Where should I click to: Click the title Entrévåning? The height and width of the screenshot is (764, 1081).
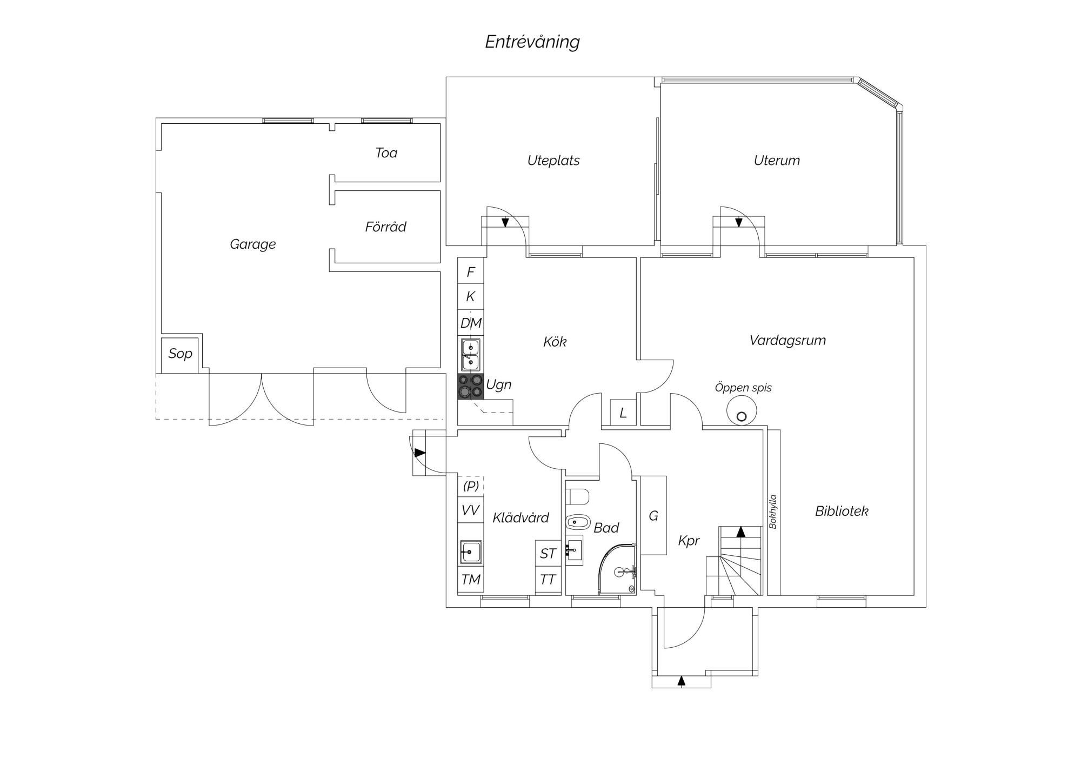[x=532, y=42]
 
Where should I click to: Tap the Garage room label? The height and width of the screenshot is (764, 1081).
[x=253, y=244]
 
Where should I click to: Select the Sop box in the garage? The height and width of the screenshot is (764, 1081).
[x=180, y=355]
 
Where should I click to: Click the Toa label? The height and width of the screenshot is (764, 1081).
[x=386, y=153]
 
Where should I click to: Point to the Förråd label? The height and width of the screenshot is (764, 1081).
[x=385, y=227]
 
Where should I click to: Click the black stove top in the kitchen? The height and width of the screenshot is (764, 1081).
[x=470, y=387]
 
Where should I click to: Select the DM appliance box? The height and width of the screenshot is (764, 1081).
[x=471, y=323]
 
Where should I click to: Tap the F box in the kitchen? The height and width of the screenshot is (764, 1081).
[x=471, y=271]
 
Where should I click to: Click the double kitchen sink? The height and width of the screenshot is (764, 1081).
[x=470, y=355]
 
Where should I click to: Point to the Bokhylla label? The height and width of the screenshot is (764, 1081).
[x=773, y=511]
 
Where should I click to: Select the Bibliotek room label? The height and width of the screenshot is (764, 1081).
[x=842, y=511]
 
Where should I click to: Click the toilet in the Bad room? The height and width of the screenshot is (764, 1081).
[x=577, y=496]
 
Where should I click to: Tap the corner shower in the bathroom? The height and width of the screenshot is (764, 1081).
[x=618, y=569]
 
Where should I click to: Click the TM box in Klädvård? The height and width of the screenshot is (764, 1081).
[x=471, y=580]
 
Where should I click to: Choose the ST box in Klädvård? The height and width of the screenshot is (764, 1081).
[x=548, y=554]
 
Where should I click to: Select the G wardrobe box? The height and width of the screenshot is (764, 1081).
[x=653, y=515]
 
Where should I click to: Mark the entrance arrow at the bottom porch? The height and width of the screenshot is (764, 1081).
[x=682, y=681]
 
